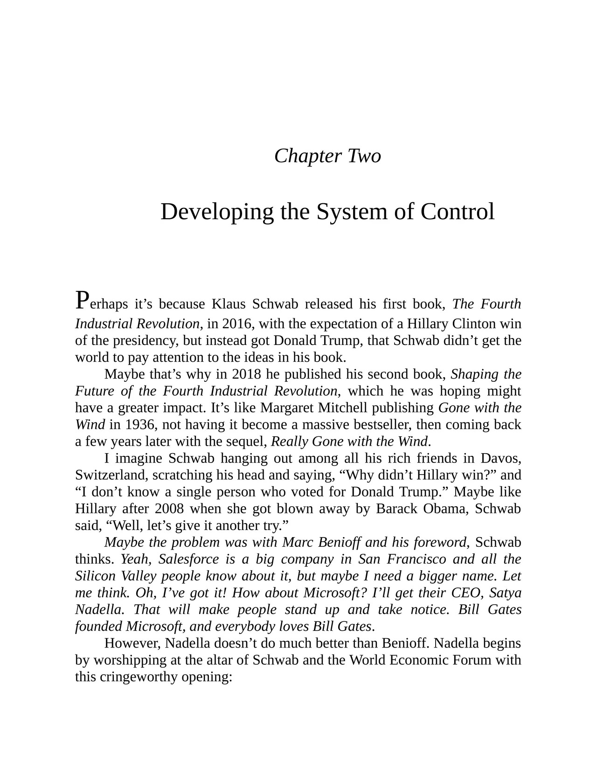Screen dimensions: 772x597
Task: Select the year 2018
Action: pyautogui.click(x=246, y=374)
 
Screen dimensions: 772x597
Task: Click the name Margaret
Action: pyautogui.click(x=285, y=408)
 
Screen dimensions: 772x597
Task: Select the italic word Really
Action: pyautogui.click(x=290, y=441)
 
